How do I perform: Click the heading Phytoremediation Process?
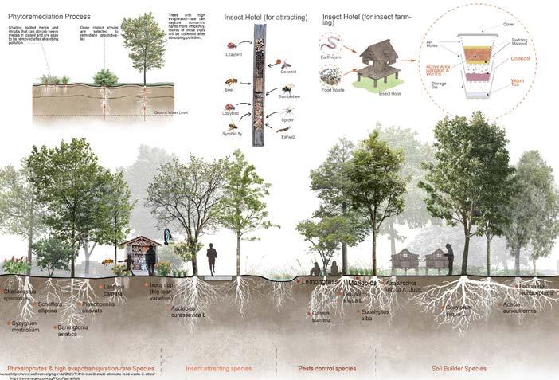click(x=48, y=17)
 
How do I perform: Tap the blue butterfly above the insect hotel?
click(x=168, y=235)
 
